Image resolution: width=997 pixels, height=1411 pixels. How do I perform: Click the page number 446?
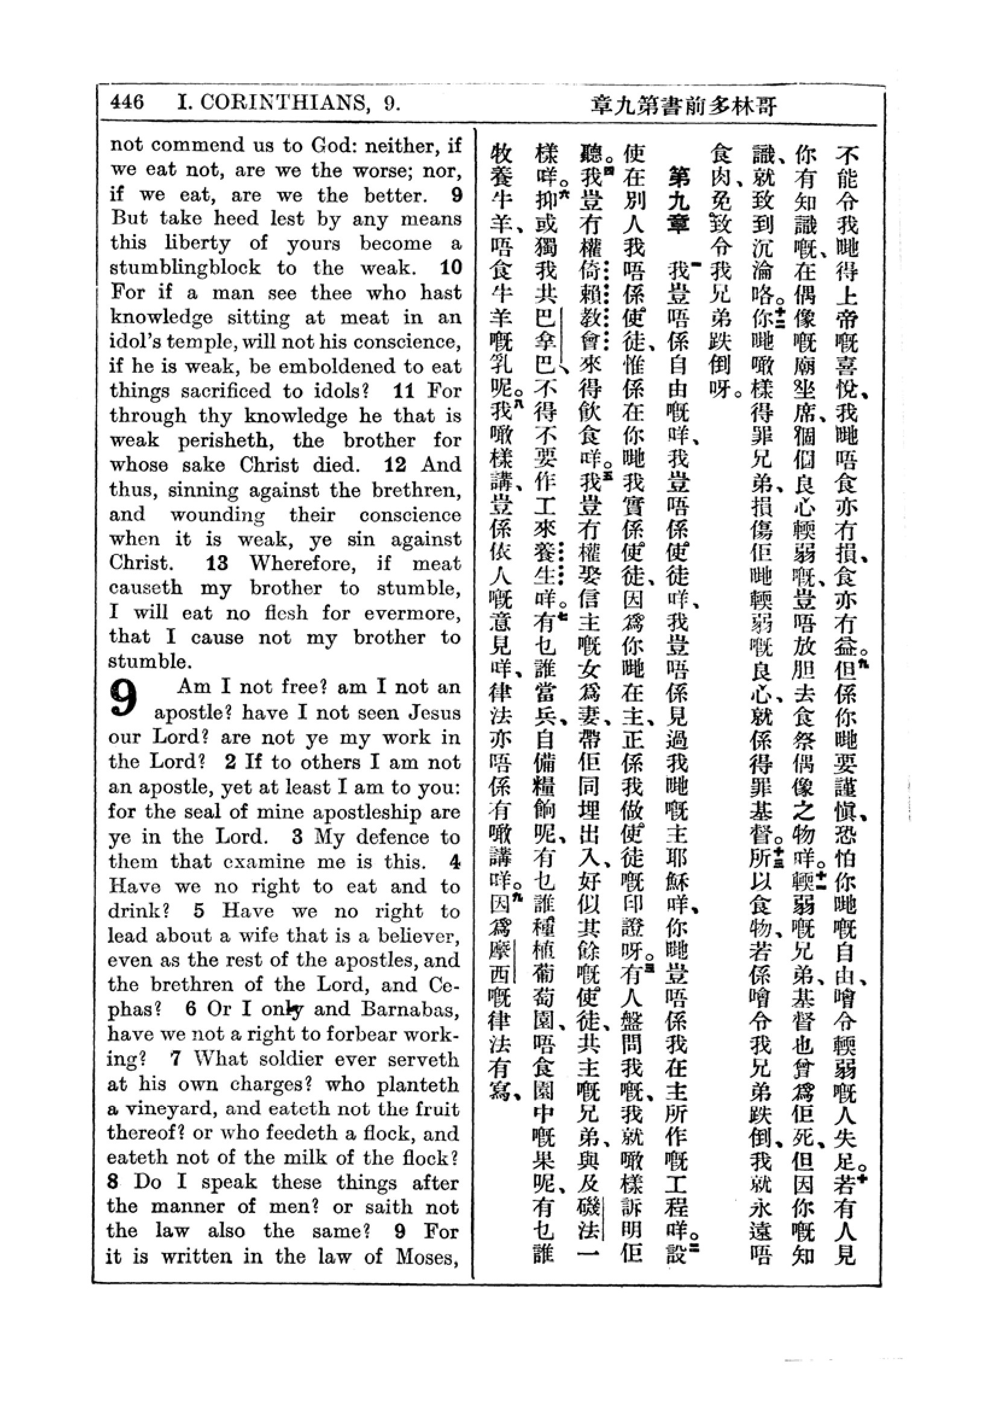click(x=127, y=103)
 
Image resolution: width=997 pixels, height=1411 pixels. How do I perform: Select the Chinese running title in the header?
click(x=684, y=106)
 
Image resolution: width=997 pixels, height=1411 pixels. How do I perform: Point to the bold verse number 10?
click(x=451, y=268)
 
